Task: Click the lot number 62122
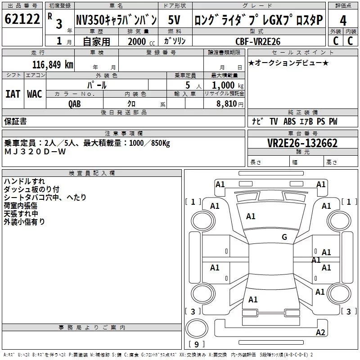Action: pyautogui.click(x=22, y=19)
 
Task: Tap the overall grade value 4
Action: pyautogui.click(x=343, y=20)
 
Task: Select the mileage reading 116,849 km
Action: pyautogui.click(x=53, y=65)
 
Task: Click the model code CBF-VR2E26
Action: pyautogui.click(x=258, y=41)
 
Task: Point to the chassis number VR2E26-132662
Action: pyautogui.click(x=302, y=143)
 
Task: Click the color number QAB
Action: pyautogui.click(x=75, y=104)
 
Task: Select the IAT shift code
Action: pyautogui.click(x=13, y=94)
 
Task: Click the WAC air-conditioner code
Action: pyautogui.click(x=35, y=94)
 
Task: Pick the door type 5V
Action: pyautogui.click(x=174, y=20)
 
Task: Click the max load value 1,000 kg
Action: pyautogui.click(x=227, y=85)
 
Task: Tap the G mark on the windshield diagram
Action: pyautogui.click(x=284, y=237)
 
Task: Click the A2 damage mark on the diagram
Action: pyautogui.click(x=320, y=332)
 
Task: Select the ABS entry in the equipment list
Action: pyautogui.click(x=289, y=121)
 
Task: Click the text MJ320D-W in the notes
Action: pyautogui.click(x=35, y=152)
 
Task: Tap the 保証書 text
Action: pyautogui.click(x=15, y=121)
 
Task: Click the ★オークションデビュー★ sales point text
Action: pyautogui.click(x=288, y=63)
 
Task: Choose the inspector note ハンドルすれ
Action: pyautogui.click(x=24, y=181)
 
